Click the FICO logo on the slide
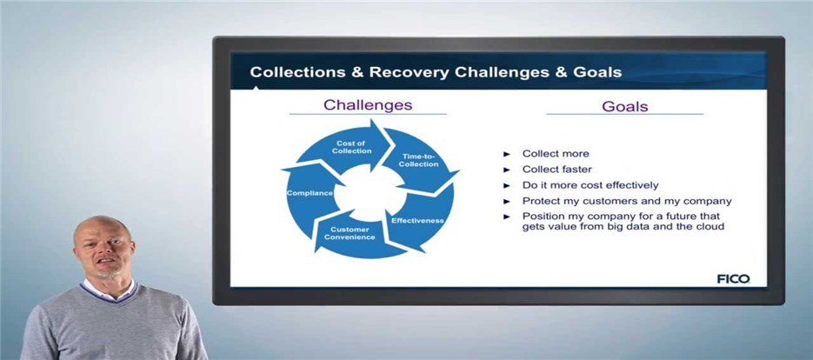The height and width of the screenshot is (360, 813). (x=733, y=278)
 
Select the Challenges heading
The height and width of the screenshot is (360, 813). (x=368, y=105)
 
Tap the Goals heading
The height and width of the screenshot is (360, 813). (x=625, y=106)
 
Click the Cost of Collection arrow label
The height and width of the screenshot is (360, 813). (x=352, y=147)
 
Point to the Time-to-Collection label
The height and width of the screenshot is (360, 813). (x=418, y=160)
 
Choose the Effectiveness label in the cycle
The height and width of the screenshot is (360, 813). (x=417, y=221)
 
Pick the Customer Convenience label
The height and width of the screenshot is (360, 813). (x=350, y=233)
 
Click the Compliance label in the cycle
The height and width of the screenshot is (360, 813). (x=310, y=193)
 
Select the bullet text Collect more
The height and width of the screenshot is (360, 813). (x=556, y=154)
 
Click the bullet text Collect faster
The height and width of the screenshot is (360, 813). (x=556, y=169)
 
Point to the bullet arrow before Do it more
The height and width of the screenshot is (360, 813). (x=507, y=185)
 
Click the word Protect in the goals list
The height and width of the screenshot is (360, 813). (x=539, y=201)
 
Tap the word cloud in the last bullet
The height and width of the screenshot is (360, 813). (x=711, y=226)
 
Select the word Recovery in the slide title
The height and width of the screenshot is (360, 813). (x=409, y=71)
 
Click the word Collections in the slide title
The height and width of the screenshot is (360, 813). (x=297, y=71)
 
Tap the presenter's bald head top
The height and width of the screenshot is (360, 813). (x=101, y=222)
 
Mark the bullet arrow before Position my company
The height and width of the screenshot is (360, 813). (x=507, y=217)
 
